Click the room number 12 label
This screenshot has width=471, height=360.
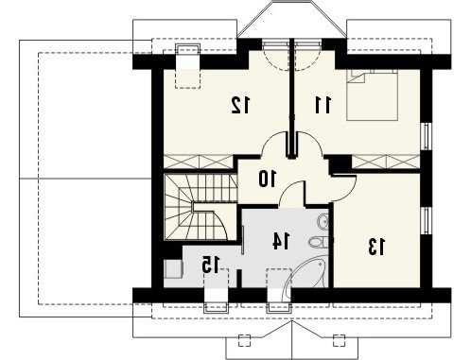coord(241,105)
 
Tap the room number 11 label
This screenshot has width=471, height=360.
coord(323,105)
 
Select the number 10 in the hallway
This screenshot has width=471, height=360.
coord(268,179)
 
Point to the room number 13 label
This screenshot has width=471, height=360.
coord(376,247)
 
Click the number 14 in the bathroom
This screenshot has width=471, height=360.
coord(281,241)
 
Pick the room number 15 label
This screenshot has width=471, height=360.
coord(211,265)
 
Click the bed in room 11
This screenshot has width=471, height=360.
coord(372,94)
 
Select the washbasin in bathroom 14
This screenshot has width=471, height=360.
coord(323,222)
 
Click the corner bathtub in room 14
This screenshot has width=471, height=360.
coord(305,273)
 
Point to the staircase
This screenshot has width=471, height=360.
coord(201,207)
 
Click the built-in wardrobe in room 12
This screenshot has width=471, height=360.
coord(199,162)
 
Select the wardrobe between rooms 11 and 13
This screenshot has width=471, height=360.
coord(386,162)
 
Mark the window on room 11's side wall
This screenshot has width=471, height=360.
coord(427,136)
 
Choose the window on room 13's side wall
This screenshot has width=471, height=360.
coord(427,220)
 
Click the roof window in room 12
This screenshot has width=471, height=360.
coord(188,66)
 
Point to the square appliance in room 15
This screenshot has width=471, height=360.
coord(173,269)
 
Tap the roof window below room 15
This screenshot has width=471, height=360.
coord(217,290)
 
